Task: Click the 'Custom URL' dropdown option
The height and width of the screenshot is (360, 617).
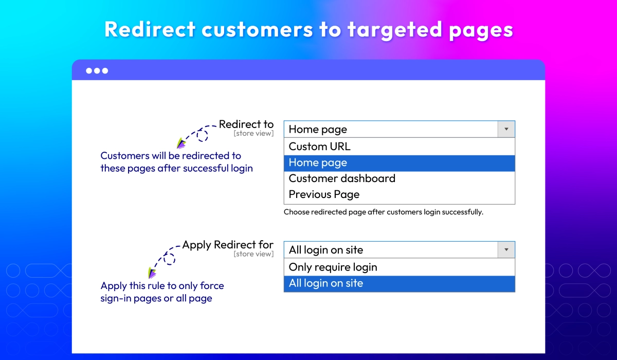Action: (319, 147)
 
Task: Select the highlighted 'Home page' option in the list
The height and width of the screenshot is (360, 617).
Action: (318, 163)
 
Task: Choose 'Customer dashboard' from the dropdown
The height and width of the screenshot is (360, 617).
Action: (342, 178)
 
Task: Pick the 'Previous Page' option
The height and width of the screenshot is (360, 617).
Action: (324, 194)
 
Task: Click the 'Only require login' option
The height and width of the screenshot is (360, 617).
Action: (333, 267)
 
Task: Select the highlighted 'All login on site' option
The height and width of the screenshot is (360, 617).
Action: (325, 283)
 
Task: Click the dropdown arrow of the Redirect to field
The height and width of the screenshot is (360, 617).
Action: (506, 129)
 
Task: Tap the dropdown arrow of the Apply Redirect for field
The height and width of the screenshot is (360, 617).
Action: (506, 250)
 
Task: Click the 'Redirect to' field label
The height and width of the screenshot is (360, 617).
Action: (246, 124)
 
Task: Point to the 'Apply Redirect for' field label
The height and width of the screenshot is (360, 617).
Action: (228, 245)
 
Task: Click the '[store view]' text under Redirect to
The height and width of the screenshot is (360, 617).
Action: (253, 134)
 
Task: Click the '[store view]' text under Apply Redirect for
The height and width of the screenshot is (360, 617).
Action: (253, 254)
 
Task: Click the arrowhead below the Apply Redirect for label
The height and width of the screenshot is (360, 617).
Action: (152, 273)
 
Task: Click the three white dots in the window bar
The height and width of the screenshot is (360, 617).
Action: (97, 70)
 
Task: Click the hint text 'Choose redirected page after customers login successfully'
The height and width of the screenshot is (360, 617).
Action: (383, 212)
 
